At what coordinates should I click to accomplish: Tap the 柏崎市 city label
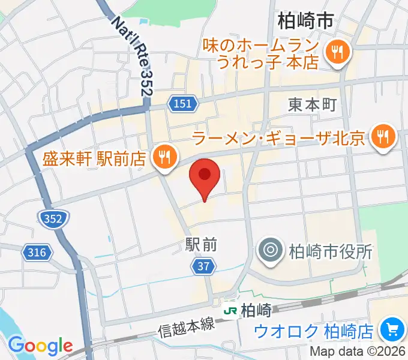click(305, 22)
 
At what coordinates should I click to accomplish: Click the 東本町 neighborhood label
click(311, 104)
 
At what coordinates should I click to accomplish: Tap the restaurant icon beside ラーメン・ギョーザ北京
click(382, 137)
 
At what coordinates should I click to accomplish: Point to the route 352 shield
click(53, 219)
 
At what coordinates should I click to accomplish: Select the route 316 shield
click(37, 253)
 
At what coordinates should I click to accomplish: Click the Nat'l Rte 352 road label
click(132, 55)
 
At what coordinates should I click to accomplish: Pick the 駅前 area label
click(200, 245)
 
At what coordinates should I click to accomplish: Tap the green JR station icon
click(230, 310)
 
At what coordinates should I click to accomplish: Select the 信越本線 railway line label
click(187, 328)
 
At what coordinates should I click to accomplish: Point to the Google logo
click(40, 346)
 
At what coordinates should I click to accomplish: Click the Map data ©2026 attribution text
click(357, 352)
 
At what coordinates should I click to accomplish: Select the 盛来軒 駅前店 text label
click(95, 158)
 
